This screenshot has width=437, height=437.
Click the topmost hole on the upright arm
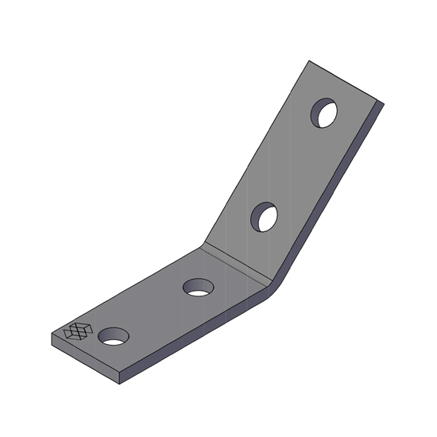tap(324, 114)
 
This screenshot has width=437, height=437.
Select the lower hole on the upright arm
tap(265, 217)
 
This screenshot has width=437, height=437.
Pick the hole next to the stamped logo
tap(114, 336)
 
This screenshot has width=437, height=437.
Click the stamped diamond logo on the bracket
tap(78, 331)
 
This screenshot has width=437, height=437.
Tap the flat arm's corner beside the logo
tap(52, 335)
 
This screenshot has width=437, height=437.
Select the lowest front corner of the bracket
tap(120, 384)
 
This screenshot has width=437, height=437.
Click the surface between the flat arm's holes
tap(155, 311)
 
